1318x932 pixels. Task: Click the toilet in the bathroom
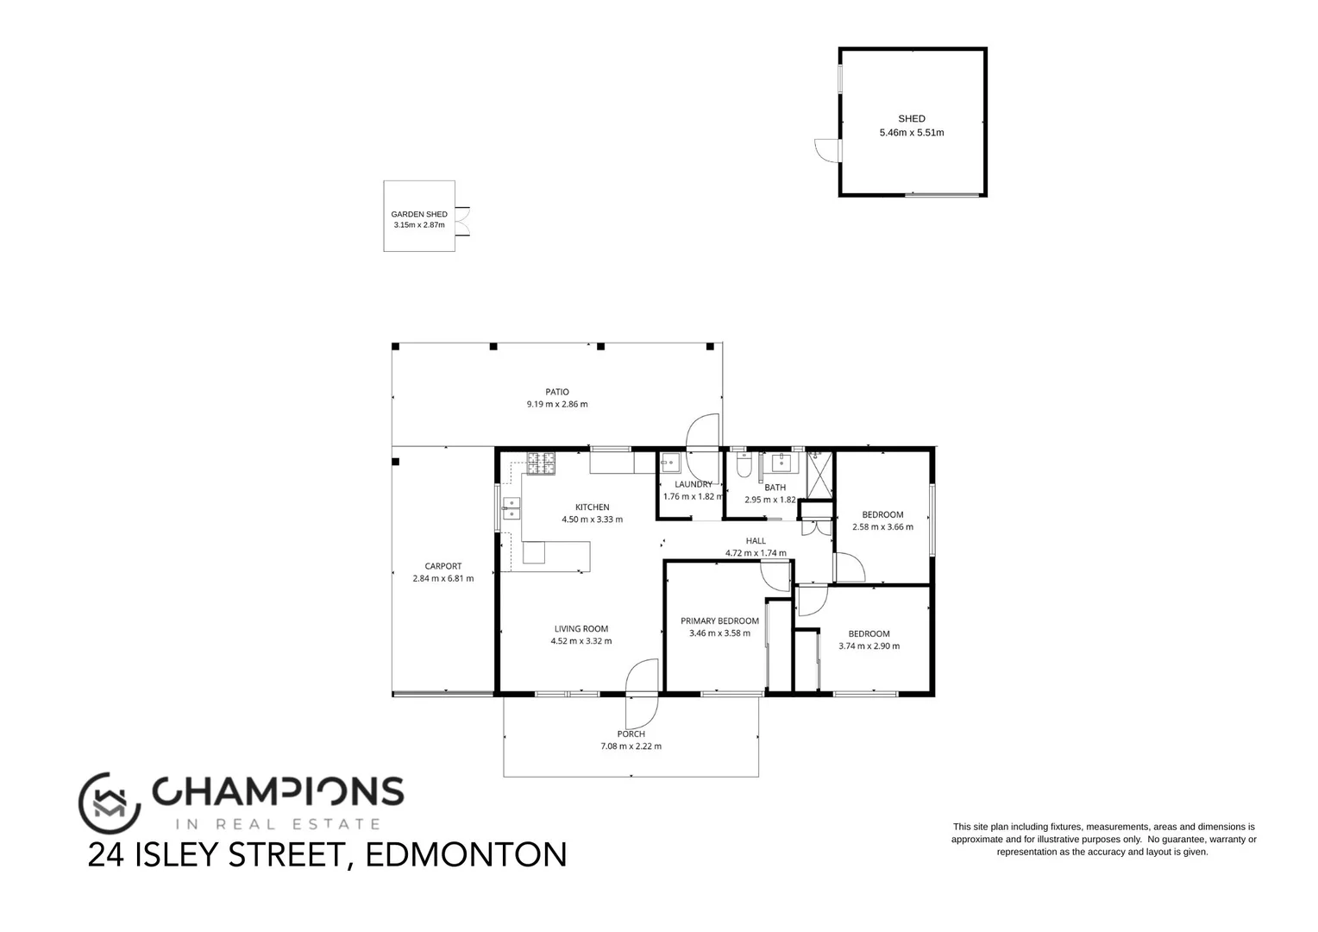744,467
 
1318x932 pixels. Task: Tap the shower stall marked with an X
819,475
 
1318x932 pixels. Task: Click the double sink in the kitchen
512,509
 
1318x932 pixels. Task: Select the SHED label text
912,119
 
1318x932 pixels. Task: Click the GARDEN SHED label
419,214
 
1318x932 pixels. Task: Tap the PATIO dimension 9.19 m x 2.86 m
557,404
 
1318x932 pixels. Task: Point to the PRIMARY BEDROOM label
719,620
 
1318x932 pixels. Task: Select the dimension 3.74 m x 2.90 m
869,645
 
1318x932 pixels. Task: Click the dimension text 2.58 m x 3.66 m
882,526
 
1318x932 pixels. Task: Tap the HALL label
756,541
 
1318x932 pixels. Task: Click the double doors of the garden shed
462,222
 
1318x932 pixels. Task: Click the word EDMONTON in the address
467,854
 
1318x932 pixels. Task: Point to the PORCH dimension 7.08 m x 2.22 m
631,746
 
